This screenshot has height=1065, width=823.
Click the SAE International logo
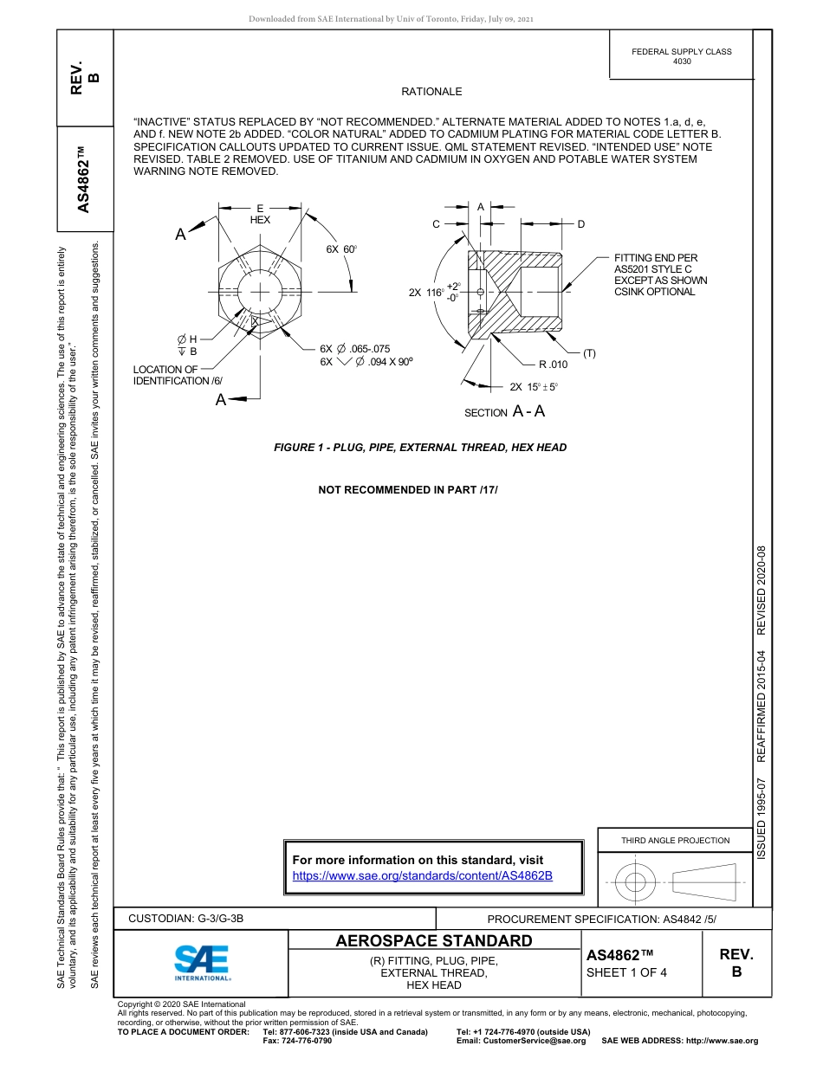[x=202, y=962]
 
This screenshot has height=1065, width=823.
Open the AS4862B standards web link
[x=423, y=875]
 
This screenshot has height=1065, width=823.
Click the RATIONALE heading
[x=431, y=92]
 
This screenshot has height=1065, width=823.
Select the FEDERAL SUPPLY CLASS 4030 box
[x=681, y=56]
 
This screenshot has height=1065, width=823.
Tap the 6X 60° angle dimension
[x=341, y=249]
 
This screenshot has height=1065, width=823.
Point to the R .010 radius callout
[x=552, y=365]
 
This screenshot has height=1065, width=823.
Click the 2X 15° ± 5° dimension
[x=534, y=387]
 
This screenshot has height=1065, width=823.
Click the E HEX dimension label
[x=260, y=214]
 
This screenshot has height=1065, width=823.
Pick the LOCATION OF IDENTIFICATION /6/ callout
[x=178, y=375]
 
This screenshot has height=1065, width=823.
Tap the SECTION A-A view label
[x=504, y=412]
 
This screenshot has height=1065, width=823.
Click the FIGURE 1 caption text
[x=420, y=448]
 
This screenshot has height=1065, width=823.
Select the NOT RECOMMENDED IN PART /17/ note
[x=408, y=490]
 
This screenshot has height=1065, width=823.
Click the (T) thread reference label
[x=589, y=353]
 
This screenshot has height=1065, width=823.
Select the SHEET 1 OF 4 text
[x=626, y=971]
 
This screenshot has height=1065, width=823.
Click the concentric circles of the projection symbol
[x=636, y=882]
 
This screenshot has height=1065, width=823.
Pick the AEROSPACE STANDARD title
[x=434, y=940]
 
